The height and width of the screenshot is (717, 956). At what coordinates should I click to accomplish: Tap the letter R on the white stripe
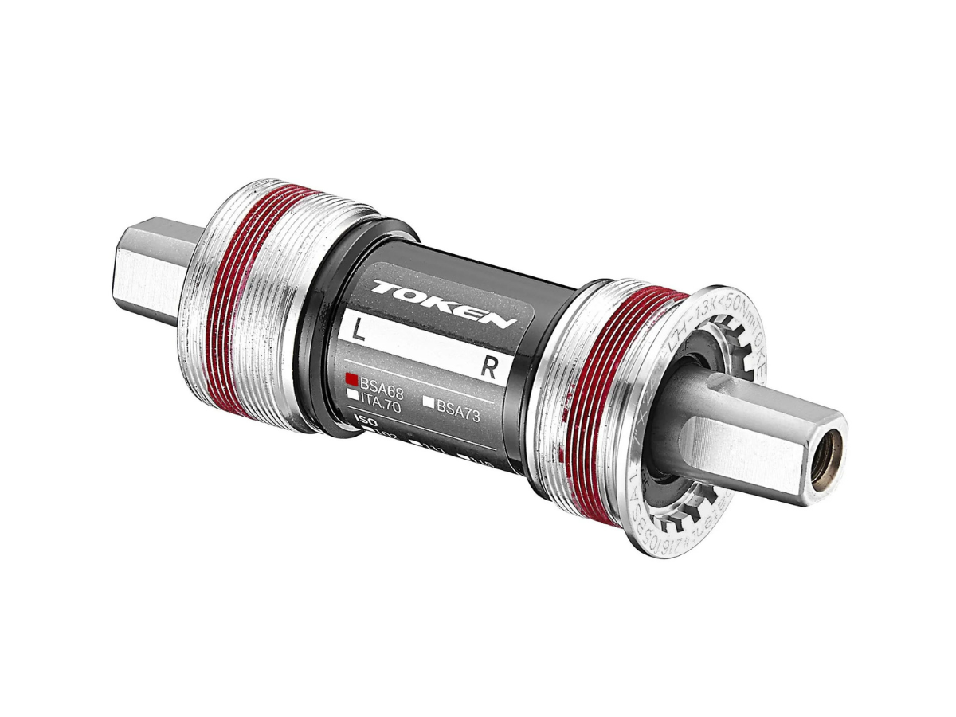(x=491, y=366)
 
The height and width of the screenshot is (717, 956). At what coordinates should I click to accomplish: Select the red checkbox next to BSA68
(x=351, y=379)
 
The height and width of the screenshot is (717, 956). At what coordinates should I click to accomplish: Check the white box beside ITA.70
(x=351, y=393)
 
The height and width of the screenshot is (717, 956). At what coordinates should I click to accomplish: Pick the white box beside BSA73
(x=428, y=403)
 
